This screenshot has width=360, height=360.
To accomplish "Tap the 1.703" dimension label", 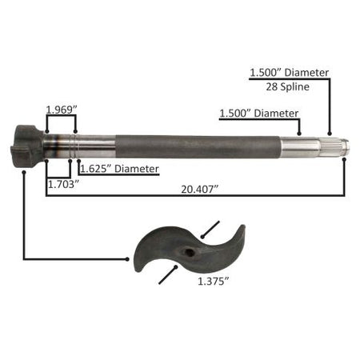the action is [63, 184].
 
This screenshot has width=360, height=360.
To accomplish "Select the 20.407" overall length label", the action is [200, 190].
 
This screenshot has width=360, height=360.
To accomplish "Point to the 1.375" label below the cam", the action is [214, 282].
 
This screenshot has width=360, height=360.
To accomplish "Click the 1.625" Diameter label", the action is [119, 169].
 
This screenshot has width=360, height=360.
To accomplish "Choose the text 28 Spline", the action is [288, 86].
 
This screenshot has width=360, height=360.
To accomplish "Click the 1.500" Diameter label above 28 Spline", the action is [290, 73].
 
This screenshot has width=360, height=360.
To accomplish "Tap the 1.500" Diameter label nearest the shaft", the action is [258, 114].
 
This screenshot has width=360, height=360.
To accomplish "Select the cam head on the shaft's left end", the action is [26, 146].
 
